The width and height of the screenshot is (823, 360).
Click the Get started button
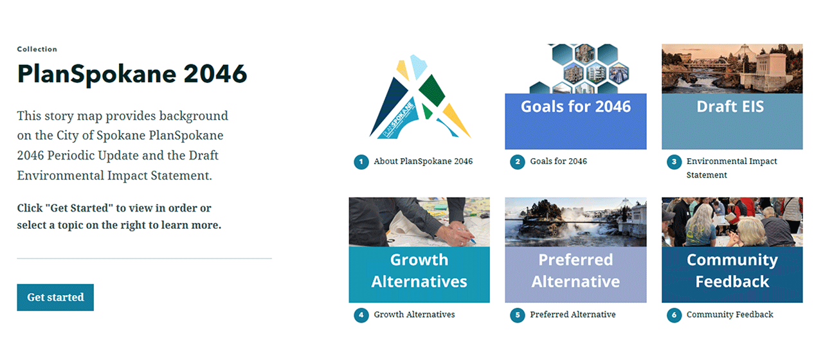55,297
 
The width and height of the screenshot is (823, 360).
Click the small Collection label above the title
37,50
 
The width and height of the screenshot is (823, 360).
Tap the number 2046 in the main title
215,74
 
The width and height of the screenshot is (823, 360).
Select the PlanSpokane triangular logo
420,97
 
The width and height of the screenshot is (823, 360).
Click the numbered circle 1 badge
361,162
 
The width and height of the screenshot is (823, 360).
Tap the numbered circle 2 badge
518,162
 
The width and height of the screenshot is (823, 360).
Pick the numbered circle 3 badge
674,162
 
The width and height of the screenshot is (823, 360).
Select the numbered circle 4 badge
361,315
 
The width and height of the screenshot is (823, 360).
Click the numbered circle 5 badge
518,315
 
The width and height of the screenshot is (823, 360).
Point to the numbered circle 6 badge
674,315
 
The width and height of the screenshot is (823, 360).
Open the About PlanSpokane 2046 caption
423,161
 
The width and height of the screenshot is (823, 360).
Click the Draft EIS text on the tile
730,107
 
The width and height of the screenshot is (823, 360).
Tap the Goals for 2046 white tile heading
575,107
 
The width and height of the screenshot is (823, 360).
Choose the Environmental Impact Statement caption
732,168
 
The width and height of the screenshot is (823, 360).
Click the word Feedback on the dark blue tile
732,282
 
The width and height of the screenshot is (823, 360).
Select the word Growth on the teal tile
419,260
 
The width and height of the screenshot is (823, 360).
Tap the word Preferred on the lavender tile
575,260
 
